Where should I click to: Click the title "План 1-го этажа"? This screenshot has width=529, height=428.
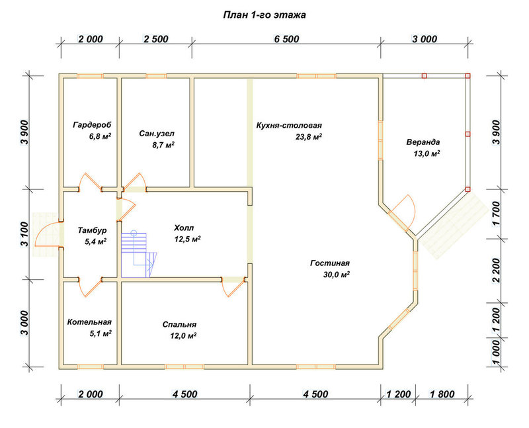[x=264, y=15]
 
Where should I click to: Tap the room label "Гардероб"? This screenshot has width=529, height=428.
[x=92, y=125]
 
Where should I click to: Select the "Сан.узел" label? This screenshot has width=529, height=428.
[x=157, y=134]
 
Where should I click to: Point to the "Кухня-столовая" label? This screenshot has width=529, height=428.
[x=289, y=125]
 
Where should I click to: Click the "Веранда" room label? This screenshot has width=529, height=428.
[x=423, y=142]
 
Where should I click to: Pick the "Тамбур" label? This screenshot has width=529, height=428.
[x=92, y=230]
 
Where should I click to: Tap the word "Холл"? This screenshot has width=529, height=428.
[x=184, y=228]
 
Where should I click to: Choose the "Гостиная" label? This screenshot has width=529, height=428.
[x=329, y=263]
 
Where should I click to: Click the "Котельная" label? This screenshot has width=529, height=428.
[x=89, y=322]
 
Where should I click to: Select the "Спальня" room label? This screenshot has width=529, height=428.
[x=179, y=324]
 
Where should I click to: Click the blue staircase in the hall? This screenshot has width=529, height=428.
[x=139, y=254]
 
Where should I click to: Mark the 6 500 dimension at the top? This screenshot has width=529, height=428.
[x=286, y=39]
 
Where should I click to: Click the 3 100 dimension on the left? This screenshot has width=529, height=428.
[x=26, y=234]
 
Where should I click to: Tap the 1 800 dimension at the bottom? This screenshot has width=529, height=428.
[x=442, y=394]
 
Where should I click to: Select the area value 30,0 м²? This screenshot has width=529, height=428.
[x=337, y=275]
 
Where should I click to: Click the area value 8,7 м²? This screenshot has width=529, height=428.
[x=163, y=145]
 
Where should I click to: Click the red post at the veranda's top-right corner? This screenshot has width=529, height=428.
[x=468, y=76]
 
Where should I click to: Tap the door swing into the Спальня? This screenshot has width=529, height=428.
[x=233, y=288]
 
